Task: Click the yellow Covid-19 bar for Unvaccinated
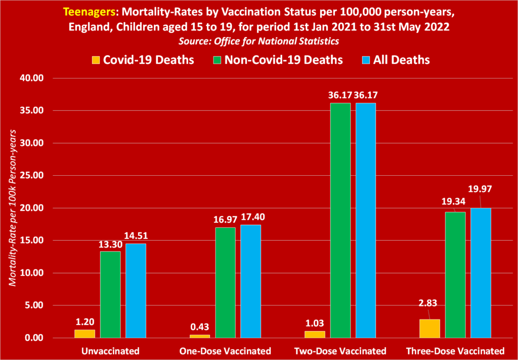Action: [85, 333]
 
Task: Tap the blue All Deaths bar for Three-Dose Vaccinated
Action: [481, 273]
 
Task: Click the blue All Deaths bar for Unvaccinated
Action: [136, 291]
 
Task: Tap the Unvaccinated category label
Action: [110, 351]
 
